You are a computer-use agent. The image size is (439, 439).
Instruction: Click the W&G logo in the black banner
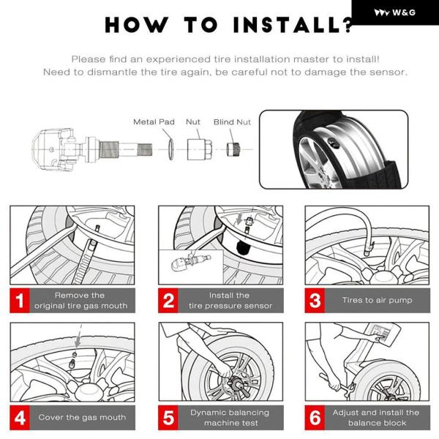tap(394, 12)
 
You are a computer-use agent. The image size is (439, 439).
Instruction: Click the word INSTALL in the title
tap(288, 25)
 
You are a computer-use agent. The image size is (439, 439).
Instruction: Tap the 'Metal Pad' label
tap(154, 121)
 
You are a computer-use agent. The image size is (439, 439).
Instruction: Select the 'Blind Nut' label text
tap(232, 122)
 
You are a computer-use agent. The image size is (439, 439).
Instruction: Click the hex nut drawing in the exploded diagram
tap(199, 149)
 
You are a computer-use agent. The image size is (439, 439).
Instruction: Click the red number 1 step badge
tap(20, 301)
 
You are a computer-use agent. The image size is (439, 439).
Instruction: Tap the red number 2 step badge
tap(168, 301)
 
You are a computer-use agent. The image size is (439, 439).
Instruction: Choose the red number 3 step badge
tap(315, 301)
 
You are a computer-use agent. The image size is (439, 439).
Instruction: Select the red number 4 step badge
tap(20, 418)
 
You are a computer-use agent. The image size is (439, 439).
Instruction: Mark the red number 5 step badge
tap(168, 418)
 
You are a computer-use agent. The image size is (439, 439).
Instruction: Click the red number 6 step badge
tap(315, 418)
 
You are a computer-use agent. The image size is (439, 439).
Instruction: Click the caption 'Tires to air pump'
tap(377, 300)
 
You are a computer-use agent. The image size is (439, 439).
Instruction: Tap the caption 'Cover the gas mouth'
tap(82, 417)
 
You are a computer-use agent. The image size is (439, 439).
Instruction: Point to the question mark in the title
tap(348, 25)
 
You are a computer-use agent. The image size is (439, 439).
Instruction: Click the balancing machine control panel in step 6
tap(382, 334)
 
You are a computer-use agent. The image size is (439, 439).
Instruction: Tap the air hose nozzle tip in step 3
tap(367, 252)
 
